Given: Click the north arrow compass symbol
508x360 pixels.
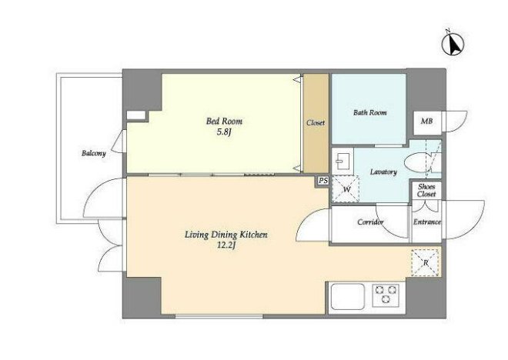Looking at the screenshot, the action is pos(453,43).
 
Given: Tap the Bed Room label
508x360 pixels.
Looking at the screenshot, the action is pos(224,122).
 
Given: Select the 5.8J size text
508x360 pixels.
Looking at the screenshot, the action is pos(224,132).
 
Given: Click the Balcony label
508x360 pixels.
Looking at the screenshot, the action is pos(94,153).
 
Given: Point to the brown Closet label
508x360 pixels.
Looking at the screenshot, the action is pos(316,123).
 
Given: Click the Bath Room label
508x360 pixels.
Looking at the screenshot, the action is pos(369,112).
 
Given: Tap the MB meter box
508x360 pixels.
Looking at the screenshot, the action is pos(427,122).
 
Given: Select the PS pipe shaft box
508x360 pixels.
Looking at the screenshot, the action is pos(323,181).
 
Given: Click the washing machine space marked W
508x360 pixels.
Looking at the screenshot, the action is pos(346,189).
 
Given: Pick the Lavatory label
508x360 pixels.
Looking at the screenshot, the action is pos(383,172).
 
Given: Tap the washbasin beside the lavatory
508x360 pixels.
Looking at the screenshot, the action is pos(343,161).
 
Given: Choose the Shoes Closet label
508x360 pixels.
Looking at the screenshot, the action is pos(426,190).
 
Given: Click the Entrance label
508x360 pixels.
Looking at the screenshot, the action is pos(426,222).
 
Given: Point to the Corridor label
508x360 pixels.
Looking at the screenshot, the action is pos(370,222).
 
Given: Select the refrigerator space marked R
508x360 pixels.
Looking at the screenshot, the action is pos(426,263).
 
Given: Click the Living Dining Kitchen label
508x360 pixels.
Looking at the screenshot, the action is pos(226,235).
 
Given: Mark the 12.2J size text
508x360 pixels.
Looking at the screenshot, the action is pos(226,245).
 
